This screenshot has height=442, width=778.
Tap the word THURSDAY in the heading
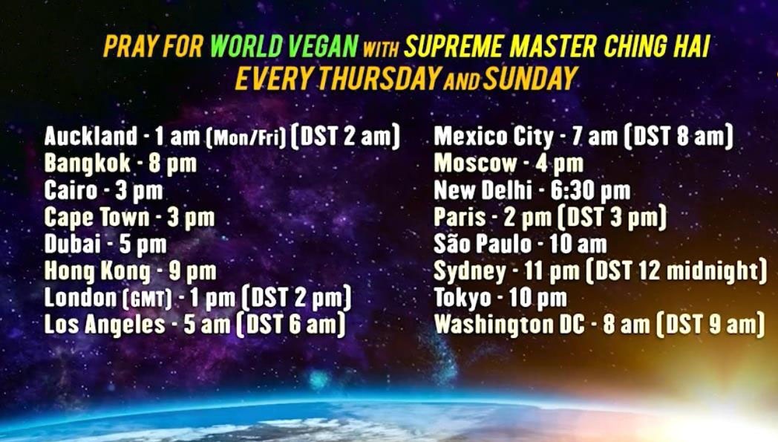tap(379, 79)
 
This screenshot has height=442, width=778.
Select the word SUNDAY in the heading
tap(530, 79)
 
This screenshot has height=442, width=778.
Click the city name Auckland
tap(91, 136)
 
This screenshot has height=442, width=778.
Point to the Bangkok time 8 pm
tap(173, 164)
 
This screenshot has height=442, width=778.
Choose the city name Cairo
tap(71, 190)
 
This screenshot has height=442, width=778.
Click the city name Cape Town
tap(97, 218)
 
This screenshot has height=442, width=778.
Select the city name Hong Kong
tap(97, 271)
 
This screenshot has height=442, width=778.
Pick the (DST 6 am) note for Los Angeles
tap(291, 325)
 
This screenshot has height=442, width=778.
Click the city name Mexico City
tap(494, 137)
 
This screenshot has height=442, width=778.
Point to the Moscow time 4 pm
tap(559, 164)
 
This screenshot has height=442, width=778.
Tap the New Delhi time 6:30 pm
tap(590, 191)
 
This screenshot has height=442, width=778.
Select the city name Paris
tap(460, 218)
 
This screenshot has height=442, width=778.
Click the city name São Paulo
tap(483, 244)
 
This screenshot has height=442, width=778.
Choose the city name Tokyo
tap(462, 298)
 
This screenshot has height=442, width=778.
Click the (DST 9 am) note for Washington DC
tap(710, 325)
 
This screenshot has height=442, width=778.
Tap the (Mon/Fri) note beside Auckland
tap(246, 137)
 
